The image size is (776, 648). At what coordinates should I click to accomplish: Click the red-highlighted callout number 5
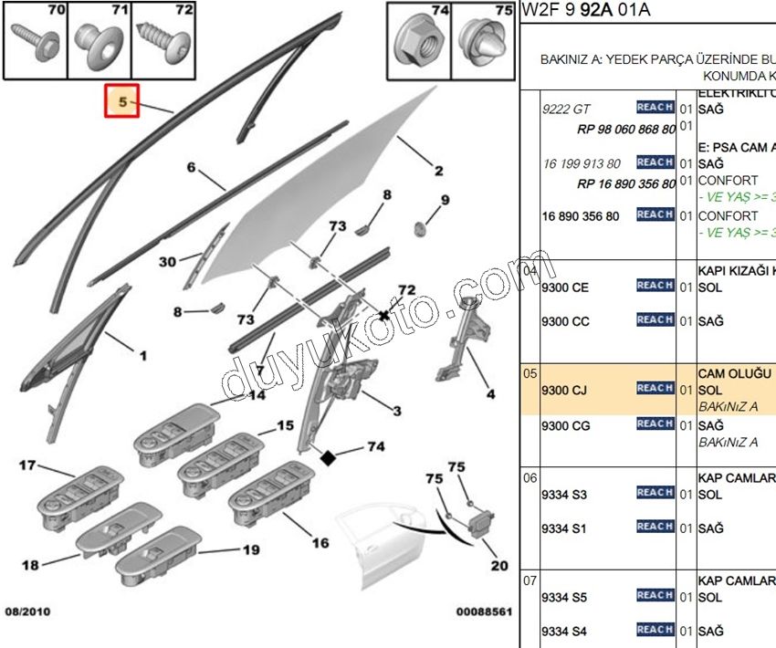[121, 101]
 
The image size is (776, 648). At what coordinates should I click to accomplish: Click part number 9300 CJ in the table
[565, 390]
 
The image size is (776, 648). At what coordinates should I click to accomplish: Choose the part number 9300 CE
[565, 287]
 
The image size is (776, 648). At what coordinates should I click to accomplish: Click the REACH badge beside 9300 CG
[655, 423]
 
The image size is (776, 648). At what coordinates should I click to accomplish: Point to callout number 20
[498, 566]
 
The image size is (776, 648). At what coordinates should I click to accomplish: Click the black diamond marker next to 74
[328, 458]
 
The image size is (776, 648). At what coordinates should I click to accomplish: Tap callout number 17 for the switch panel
[27, 466]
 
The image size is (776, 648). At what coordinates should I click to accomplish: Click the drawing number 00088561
[482, 612]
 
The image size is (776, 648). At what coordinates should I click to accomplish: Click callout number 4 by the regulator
[490, 394]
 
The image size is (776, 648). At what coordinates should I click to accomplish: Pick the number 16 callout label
[320, 543]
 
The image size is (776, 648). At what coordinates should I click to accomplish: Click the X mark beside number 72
[384, 315]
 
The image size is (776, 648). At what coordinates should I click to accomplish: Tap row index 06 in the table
[530, 477]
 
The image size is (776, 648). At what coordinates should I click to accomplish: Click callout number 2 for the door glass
[438, 171]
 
